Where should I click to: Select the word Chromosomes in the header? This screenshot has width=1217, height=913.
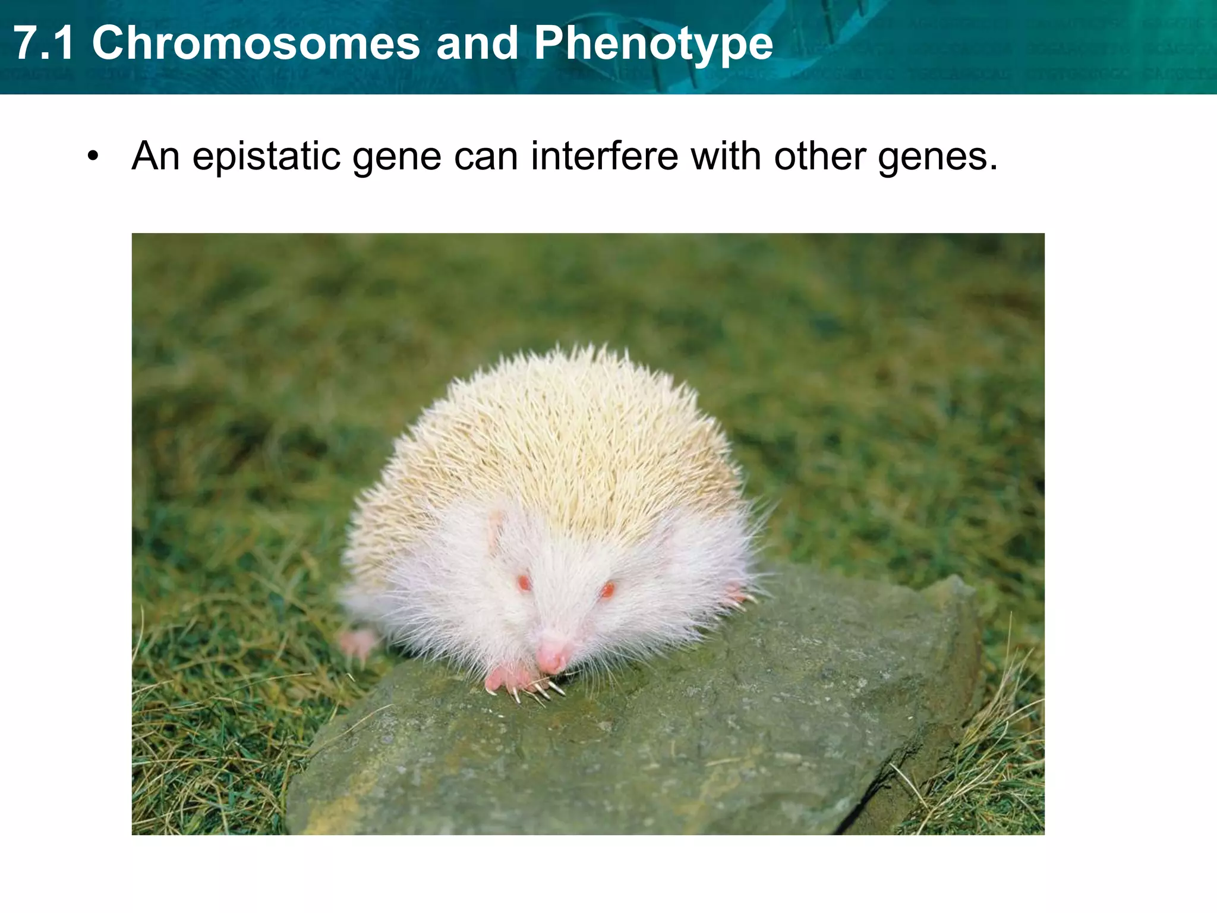pos(256,43)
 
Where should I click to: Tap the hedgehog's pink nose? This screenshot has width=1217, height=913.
pos(552,656)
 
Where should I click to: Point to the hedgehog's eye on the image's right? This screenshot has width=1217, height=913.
pos(607,590)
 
